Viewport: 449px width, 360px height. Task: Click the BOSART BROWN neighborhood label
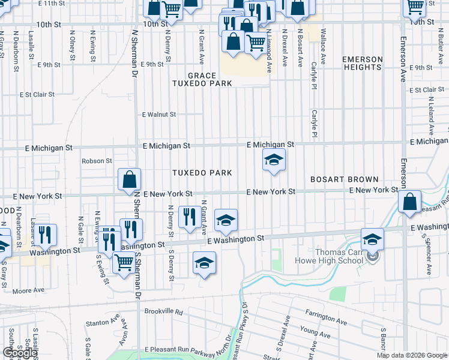coord(344,179)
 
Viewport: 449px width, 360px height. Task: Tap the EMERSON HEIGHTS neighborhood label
coord(362,63)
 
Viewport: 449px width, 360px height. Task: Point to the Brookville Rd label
coord(163,311)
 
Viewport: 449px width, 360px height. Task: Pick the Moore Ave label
coord(29,290)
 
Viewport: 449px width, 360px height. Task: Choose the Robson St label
coord(97,161)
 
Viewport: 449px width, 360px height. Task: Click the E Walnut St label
coord(158,114)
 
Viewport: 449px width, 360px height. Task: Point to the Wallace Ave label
coord(324,44)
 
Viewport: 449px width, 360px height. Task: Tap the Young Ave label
coord(311,330)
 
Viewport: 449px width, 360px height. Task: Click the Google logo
coord(20,353)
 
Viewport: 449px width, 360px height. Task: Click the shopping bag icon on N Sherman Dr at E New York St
coord(129,179)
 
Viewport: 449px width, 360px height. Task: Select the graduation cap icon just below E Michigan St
coord(274,160)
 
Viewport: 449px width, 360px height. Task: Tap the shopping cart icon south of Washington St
coord(124,262)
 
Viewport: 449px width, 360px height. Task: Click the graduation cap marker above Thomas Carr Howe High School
coord(372,239)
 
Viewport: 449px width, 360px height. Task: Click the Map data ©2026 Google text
coord(411,356)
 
